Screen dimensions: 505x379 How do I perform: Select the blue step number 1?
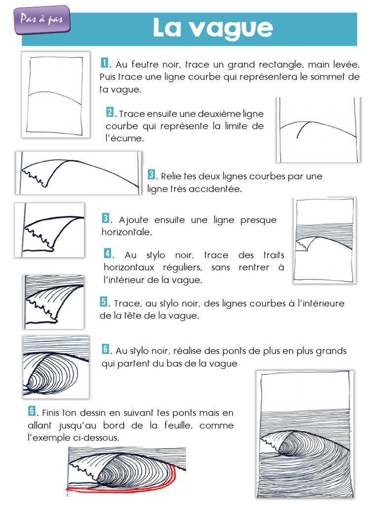105,63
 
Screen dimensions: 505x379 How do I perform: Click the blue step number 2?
110,112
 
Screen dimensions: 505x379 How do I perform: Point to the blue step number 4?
108,253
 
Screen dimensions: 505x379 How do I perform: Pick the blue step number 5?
104,302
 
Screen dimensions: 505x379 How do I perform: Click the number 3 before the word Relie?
152,175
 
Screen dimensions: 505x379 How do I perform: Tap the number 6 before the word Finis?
32,411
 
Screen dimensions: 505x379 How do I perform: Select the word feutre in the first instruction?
146,65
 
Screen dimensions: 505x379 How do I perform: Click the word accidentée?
218,189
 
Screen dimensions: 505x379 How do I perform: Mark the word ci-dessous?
97,437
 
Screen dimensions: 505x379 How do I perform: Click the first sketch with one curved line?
55,94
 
